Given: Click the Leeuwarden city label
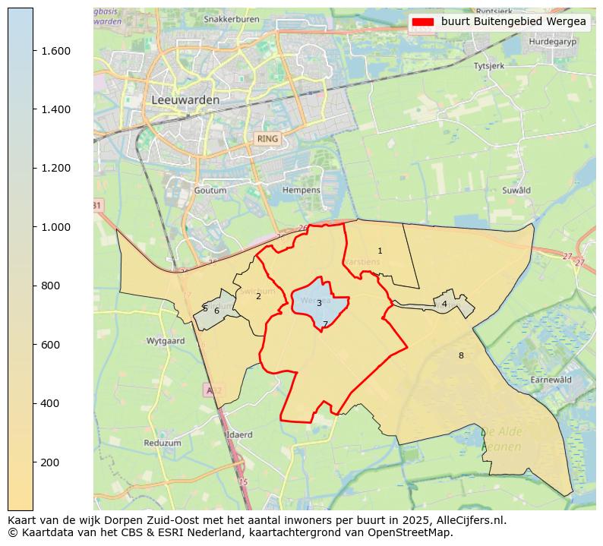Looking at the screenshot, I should [185, 99].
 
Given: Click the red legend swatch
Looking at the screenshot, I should [423, 22].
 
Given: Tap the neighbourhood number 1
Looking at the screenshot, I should [380, 251].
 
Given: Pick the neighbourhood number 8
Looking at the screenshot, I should [460, 355].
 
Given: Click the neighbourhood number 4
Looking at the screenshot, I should [444, 304].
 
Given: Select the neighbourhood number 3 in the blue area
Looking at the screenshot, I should [319, 303].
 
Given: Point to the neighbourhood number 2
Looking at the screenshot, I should [258, 296].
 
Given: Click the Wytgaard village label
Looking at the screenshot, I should [166, 341].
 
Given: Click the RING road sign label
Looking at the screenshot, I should [267, 139].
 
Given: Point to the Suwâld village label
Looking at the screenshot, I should [516, 190].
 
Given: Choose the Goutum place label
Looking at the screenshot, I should [210, 190].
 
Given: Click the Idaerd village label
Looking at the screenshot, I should [239, 434].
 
